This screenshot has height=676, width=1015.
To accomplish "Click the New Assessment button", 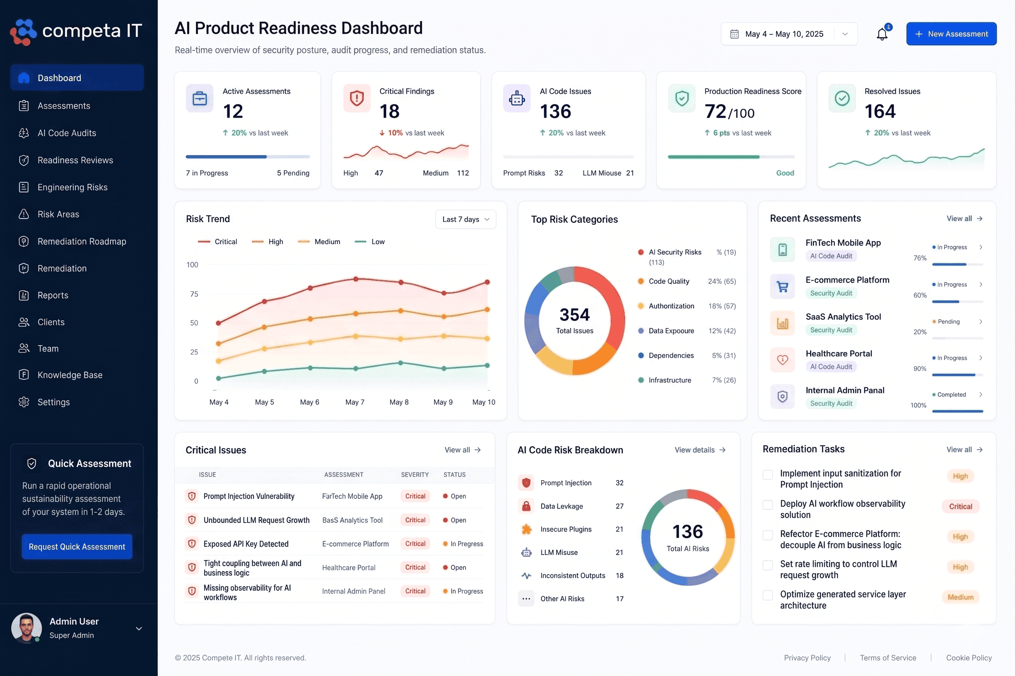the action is click(x=951, y=34).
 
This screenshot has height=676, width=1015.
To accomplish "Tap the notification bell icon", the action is click(x=882, y=34).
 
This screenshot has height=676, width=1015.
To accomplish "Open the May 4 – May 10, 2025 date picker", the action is click(x=789, y=34).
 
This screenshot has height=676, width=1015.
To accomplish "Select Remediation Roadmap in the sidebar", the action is click(x=82, y=241).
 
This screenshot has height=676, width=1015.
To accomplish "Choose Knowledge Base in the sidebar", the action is click(x=70, y=375).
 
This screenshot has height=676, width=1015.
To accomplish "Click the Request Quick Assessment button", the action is click(x=77, y=547).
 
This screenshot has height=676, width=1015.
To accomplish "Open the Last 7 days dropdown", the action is click(x=466, y=220).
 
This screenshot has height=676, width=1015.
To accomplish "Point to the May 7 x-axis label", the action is click(x=355, y=402).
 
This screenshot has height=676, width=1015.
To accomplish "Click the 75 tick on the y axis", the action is click(x=194, y=294).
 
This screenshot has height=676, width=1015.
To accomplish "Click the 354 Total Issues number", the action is click(x=574, y=314).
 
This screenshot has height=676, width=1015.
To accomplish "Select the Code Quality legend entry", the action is click(x=669, y=281).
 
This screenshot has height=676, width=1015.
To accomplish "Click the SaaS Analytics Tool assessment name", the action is click(x=843, y=317).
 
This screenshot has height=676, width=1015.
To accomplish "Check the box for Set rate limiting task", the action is click(x=768, y=565).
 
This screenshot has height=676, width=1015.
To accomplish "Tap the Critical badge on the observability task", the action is click(x=960, y=507).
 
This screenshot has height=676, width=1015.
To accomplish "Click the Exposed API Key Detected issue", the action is click(x=246, y=544).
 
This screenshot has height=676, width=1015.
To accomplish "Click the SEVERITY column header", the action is click(x=415, y=474).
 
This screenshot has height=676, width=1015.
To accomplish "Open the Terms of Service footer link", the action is click(x=888, y=658).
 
